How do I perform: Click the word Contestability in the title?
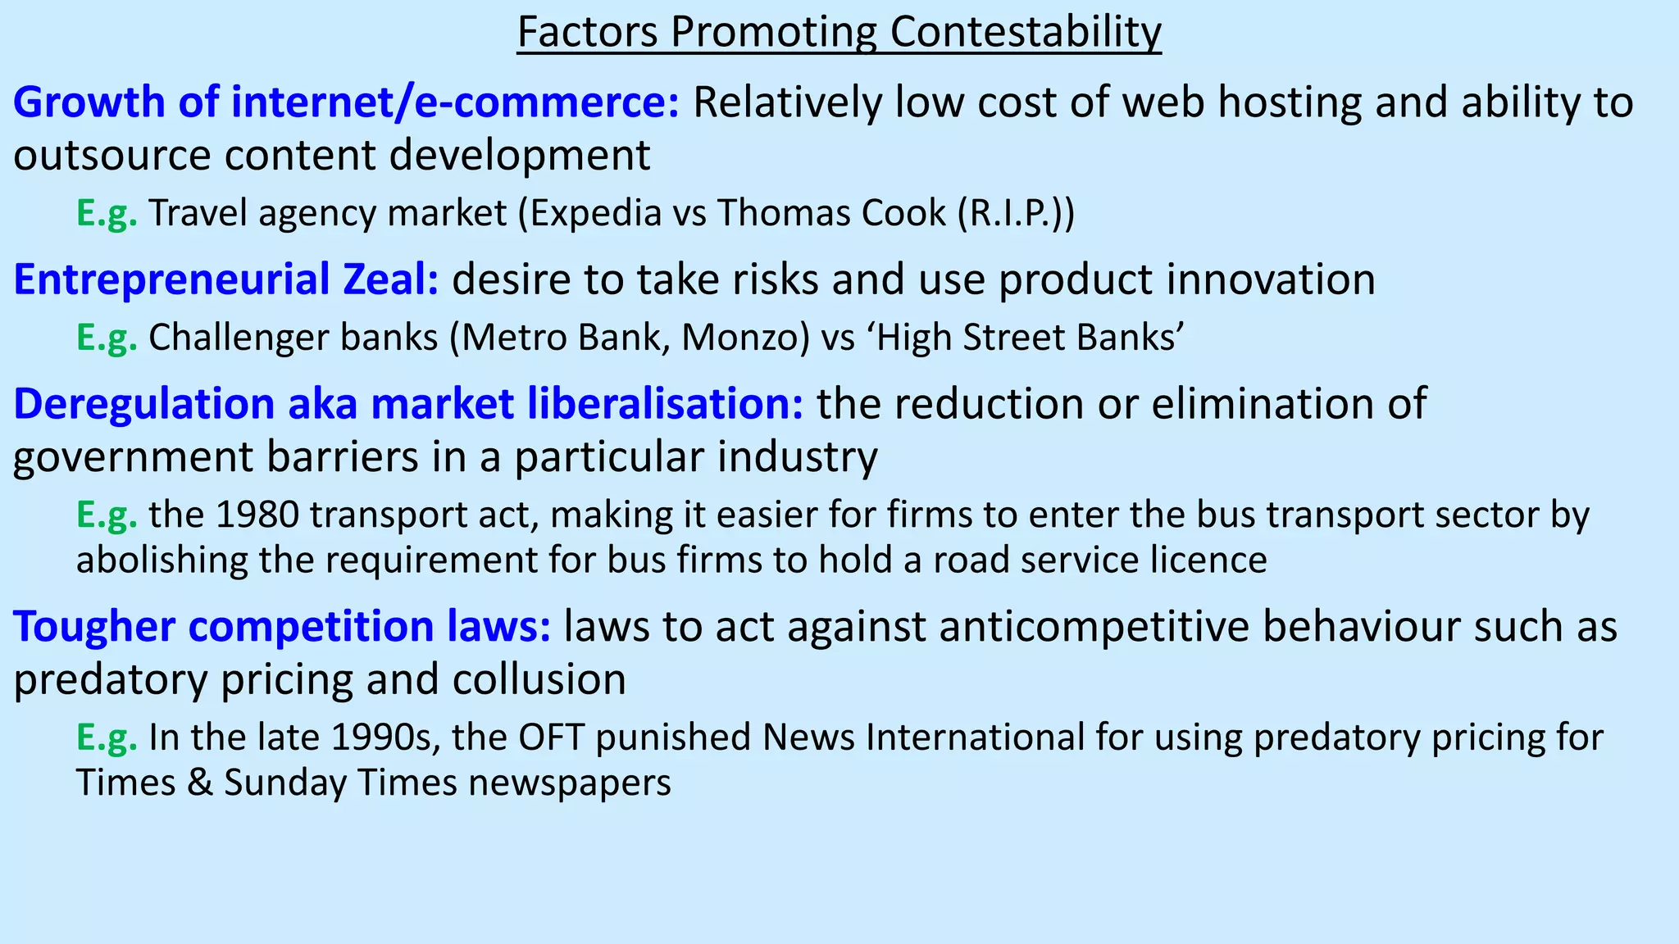[x=1026, y=33]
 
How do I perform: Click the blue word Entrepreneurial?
[x=171, y=279]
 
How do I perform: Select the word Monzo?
[x=744, y=338]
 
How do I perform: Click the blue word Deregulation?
[x=144, y=404]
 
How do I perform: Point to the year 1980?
[x=257, y=515]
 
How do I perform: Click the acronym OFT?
[x=550, y=737]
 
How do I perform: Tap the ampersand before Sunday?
[x=199, y=783]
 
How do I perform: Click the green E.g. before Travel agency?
[x=107, y=213]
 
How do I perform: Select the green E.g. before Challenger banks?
[x=107, y=338]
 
